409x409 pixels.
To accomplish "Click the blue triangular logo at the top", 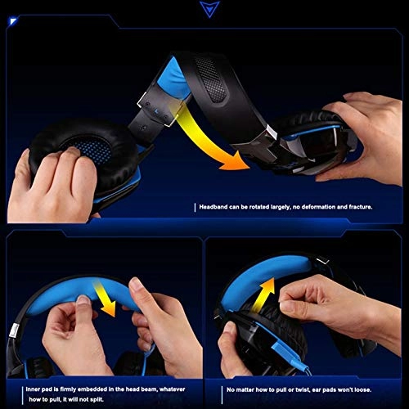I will [x=208, y=9].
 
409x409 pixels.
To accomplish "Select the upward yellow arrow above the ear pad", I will [x=263, y=294].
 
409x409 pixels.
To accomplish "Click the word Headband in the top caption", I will [x=214, y=208].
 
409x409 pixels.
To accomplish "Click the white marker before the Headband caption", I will [x=196, y=208].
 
